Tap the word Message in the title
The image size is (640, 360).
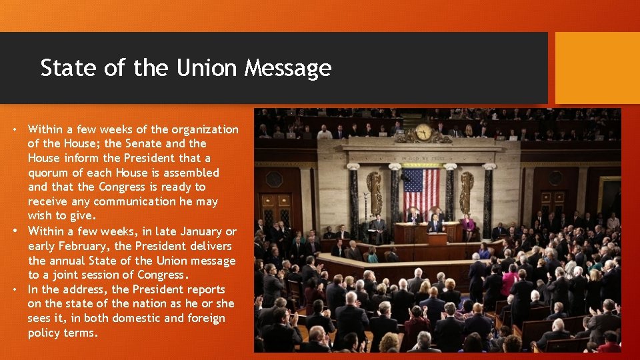coord(287,69)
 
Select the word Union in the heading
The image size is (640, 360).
coord(207,68)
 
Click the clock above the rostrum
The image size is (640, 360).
coord(423,132)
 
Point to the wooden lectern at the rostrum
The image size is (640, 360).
coord(437,238)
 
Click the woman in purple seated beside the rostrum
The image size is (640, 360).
coord(470,227)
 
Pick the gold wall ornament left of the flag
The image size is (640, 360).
coord(375,191)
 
